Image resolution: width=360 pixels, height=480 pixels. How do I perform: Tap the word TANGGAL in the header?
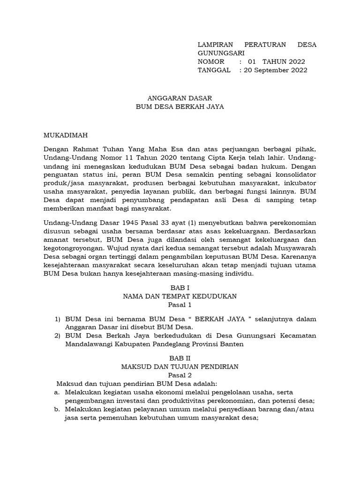click(x=214, y=70)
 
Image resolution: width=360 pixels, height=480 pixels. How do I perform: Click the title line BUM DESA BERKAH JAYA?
click(x=180, y=106)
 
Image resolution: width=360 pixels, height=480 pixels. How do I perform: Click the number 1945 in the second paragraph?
click(x=126, y=222)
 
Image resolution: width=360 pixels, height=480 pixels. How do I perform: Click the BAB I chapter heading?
click(x=180, y=288)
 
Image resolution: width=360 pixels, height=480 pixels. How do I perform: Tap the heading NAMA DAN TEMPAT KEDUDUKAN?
click(x=180, y=296)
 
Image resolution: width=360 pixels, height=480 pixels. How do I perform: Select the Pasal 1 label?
click(x=180, y=305)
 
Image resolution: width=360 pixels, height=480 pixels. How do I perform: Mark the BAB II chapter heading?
click(x=180, y=358)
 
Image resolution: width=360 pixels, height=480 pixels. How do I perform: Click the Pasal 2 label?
click(x=180, y=375)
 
